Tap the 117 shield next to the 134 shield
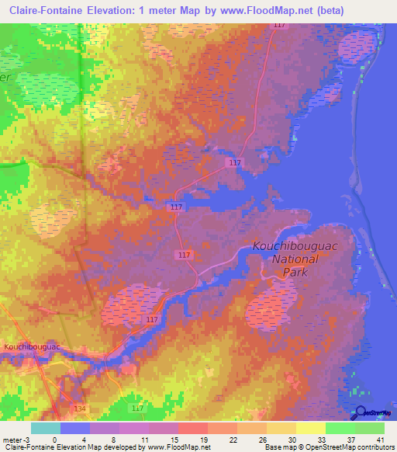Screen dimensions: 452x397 pyautogui.click(x=138, y=408)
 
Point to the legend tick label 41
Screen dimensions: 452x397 pyautogui.click(x=380, y=439)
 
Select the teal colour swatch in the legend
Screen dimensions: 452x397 pyautogui.click(x=46, y=428)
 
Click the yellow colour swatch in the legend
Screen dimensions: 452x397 pyautogui.click(x=310, y=428)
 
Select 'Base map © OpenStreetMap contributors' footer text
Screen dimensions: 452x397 pyautogui.click(x=330, y=447)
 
